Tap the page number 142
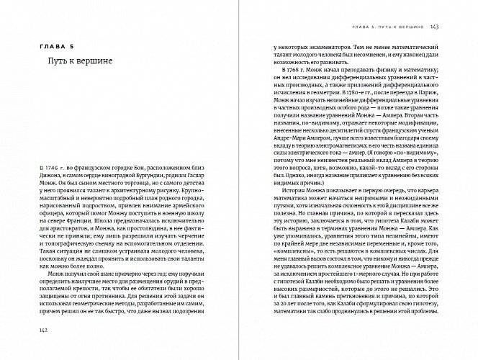tap(44, 330)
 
